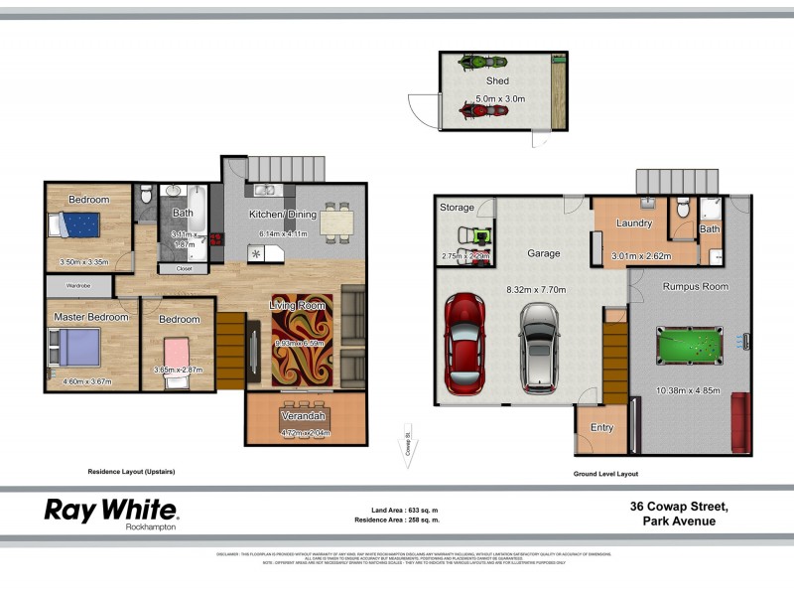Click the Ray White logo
pyautogui.click(x=111, y=512)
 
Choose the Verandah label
pyautogui.click(x=304, y=415)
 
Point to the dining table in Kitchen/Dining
pyautogui.click(x=336, y=221)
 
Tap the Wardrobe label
pyautogui.click(x=79, y=286)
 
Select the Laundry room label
pyautogui.click(x=632, y=223)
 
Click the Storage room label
pyautogui.click(x=458, y=208)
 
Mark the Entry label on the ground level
pyautogui.click(x=602, y=428)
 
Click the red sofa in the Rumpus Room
pyautogui.click(x=740, y=422)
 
